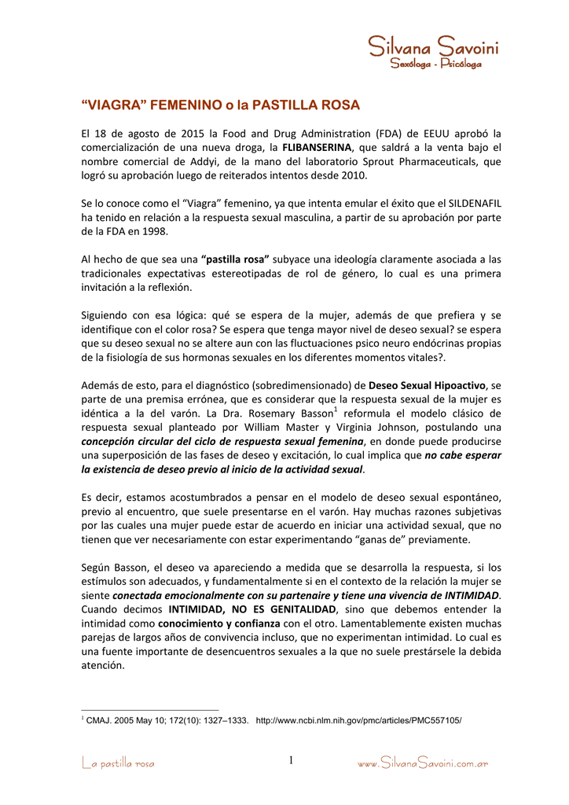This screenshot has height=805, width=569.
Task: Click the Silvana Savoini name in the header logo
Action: click(434, 47)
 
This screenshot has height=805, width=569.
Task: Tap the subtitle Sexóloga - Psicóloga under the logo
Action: click(435, 64)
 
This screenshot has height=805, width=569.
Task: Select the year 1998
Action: click(153, 232)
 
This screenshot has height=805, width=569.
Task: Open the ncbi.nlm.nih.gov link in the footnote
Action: click(359, 720)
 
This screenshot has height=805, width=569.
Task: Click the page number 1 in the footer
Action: click(290, 760)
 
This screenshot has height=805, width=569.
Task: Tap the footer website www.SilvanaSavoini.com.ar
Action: click(423, 763)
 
